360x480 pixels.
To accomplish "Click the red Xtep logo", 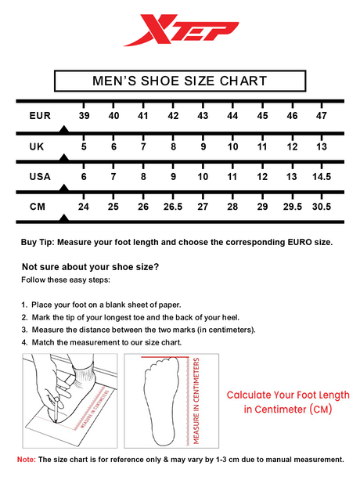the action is coord(181,30).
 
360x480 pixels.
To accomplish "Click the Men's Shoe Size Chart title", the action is coord(180,81).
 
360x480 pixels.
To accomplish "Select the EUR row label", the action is coord(40,116).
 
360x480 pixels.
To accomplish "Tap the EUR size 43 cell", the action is coord(203,116).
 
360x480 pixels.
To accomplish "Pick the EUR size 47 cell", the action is coord(322,116).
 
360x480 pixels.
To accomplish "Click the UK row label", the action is coord(37,146).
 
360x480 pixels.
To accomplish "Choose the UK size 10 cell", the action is coord(232,146).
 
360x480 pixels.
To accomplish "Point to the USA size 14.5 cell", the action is coord(322,177).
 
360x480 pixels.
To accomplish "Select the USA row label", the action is coord(40,177).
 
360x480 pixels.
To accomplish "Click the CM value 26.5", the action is coord(173,207).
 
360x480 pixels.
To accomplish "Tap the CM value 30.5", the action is coord(322,207).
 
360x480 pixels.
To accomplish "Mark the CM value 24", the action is coord(84,207).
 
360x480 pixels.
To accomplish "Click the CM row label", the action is coord(38,207).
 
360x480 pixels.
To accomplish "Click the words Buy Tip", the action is coord(38,243).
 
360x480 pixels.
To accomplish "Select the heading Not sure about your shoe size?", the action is coord(91,267).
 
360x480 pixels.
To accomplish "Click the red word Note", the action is coord(27,460).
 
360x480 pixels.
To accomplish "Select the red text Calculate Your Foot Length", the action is coord(288,395).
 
